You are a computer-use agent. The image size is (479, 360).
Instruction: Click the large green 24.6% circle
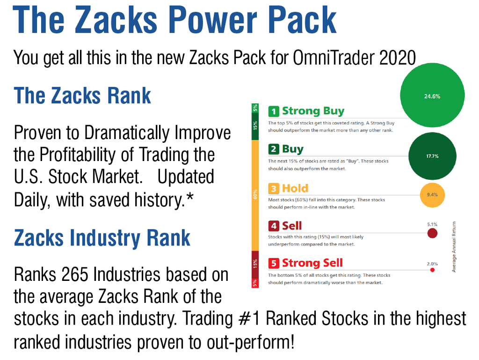(432, 96)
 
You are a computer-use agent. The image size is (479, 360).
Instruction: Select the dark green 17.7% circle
(432, 156)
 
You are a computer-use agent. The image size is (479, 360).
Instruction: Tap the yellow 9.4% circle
(432, 194)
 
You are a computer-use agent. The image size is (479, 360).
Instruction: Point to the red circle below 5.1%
(432, 233)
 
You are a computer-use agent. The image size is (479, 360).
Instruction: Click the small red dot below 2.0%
(432, 270)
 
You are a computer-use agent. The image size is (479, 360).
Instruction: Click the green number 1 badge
(274, 111)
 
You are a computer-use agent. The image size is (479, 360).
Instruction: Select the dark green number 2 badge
(274, 149)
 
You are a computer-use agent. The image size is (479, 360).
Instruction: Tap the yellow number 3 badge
(274, 189)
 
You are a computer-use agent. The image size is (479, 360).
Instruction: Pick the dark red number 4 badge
(274, 226)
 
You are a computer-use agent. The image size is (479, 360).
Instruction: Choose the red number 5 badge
(274, 263)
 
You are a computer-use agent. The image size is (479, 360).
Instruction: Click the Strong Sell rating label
(312, 263)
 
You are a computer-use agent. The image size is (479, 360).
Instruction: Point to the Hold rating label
(295, 188)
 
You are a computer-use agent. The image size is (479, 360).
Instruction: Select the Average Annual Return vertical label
(454, 247)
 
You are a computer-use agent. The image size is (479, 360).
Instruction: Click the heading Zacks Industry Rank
(102, 237)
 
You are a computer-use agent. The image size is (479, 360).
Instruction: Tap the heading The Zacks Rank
(82, 96)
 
